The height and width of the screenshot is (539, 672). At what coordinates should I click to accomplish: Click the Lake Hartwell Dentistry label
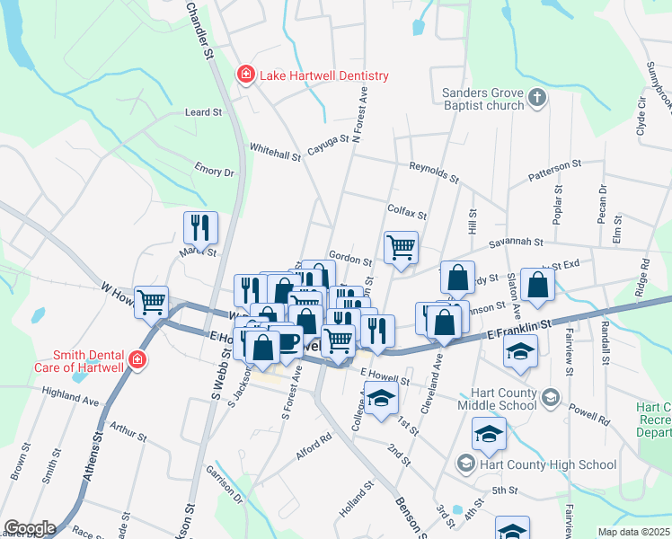tap(323, 75)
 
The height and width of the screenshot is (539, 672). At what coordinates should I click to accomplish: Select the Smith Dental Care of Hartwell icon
tap(137, 361)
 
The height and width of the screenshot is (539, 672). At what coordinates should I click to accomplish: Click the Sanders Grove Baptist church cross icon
tap(537, 97)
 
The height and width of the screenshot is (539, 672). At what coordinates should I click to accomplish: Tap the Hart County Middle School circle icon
tap(550, 397)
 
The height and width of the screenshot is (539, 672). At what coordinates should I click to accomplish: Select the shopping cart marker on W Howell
tap(152, 302)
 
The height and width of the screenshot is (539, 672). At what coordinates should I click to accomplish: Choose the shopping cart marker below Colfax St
tap(401, 247)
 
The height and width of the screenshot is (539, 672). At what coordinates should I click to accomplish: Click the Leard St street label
tap(203, 112)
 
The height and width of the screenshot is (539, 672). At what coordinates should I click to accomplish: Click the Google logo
tap(30, 528)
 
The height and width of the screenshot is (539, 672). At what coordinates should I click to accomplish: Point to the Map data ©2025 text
tap(633, 532)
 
